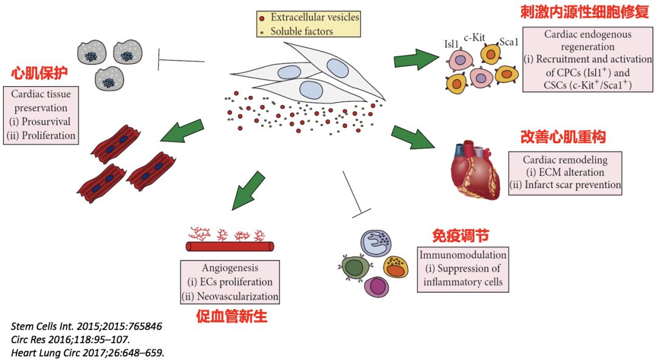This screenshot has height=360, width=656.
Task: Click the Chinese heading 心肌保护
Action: (x=39, y=74)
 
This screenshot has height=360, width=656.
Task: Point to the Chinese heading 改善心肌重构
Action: (x=564, y=137)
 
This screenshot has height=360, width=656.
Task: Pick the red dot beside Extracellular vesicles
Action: (x=262, y=18)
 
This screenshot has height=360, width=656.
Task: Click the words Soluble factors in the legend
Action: (x=302, y=31)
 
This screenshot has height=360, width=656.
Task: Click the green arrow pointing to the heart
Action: (x=413, y=137)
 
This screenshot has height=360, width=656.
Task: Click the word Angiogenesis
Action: (x=230, y=267)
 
